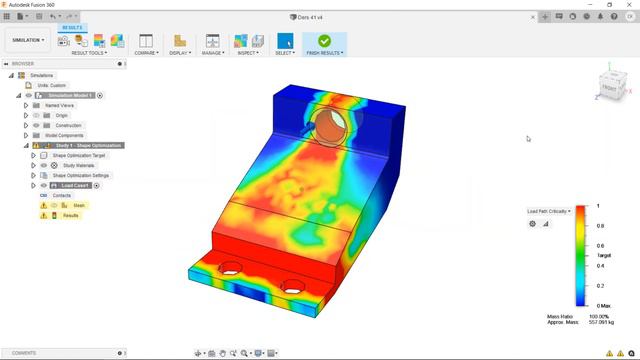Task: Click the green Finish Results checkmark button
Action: (x=324, y=40)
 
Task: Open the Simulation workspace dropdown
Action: (x=29, y=41)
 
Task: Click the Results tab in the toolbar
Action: (x=73, y=28)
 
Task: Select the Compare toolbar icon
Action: (x=145, y=41)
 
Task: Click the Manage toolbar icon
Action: (x=212, y=41)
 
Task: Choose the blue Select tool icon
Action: (x=285, y=41)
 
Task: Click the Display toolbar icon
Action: (x=179, y=41)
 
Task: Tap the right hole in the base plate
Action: (x=293, y=286)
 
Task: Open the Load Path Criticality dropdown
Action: (x=549, y=211)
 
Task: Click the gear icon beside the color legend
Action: (x=533, y=224)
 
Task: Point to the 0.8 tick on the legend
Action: (x=600, y=226)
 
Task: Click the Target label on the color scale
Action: (x=603, y=255)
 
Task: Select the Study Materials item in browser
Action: (x=77, y=165)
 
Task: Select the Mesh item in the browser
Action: (x=79, y=205)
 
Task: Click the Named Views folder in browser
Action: (x=59, y=105)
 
